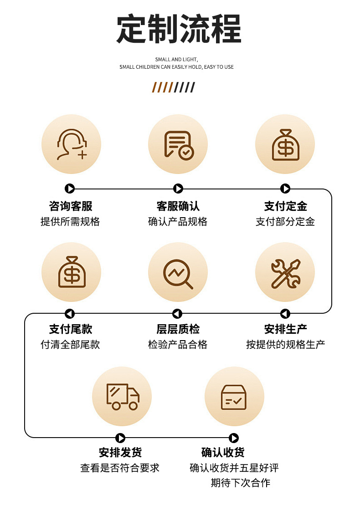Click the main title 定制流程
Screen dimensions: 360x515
coord(179,29)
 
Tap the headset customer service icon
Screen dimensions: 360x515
coord(71,144)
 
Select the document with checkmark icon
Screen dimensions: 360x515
coord(178,144)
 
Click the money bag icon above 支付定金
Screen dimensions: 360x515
coord(285,144)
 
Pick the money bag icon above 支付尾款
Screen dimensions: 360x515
coord(72,272)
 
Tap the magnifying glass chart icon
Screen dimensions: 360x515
coord(178,272)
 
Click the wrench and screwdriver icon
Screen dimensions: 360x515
coord(285,272)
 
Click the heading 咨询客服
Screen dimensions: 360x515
coord(71,206)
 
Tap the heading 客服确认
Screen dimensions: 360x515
coord(178,206)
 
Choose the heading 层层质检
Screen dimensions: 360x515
coord(178,329)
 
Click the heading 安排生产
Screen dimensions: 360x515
coord(286,329)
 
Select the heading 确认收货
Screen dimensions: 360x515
coord(223,453)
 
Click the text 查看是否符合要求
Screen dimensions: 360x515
coord(120,468)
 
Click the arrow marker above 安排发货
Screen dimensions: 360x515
coord(120,438)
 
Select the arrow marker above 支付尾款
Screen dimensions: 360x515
coord(70,314)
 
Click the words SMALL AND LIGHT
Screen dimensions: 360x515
coord(176,60)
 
